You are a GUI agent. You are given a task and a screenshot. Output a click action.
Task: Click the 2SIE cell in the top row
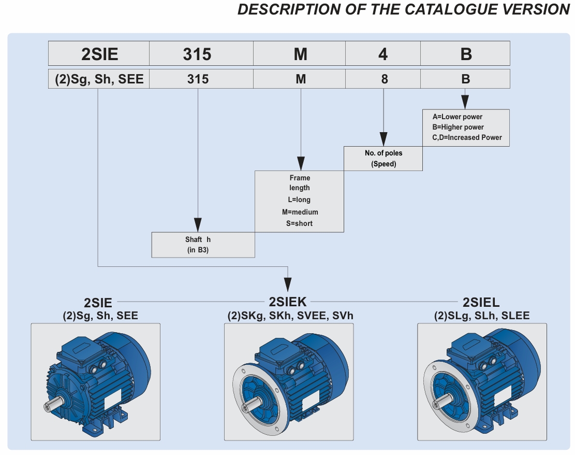(x=99, y=54)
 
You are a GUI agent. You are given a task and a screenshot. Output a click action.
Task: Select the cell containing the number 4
(x=383, y=54)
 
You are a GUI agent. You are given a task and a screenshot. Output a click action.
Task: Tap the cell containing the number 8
(x=383, y=79)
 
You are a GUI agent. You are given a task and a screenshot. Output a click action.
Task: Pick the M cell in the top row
(x=300, y=54)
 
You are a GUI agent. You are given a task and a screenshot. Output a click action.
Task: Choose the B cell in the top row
(x=465, y=54)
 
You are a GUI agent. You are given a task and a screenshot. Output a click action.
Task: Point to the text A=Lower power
(x=458, y=117)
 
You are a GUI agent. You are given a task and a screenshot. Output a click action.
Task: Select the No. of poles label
(x=384, y=153)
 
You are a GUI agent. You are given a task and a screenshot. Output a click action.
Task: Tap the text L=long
(x=300, y=200)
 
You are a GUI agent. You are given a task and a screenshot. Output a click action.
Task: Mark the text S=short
(x=300, y=223)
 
